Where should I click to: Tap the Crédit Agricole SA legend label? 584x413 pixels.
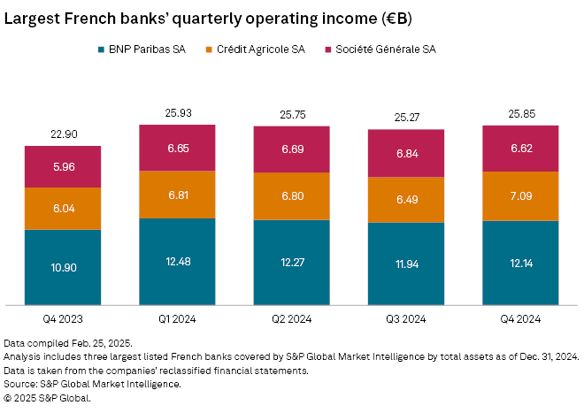[x=260, y=50]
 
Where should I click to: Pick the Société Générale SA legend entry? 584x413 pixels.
[x=381, y=50]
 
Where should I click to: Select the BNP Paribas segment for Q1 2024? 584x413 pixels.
[x=177, y=262]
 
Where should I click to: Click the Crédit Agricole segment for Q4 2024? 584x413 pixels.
[x=520, y=195]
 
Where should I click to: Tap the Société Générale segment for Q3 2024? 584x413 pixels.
[x=405, y=154]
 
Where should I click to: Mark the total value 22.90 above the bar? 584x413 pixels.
[x=63, y=134]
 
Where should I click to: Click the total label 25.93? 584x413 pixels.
[x=177, y=113]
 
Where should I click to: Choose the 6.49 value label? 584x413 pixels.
[x=405, y=200]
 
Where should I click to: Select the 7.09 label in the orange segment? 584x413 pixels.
[x=520, y=195]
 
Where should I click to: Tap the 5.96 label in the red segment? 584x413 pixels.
[x=63, y=166]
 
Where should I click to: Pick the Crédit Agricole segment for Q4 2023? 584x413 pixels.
[x=63, y=209]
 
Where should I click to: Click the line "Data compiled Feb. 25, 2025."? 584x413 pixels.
[x=68, y=342]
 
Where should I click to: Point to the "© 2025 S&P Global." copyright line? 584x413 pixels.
[x=48, y=398]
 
